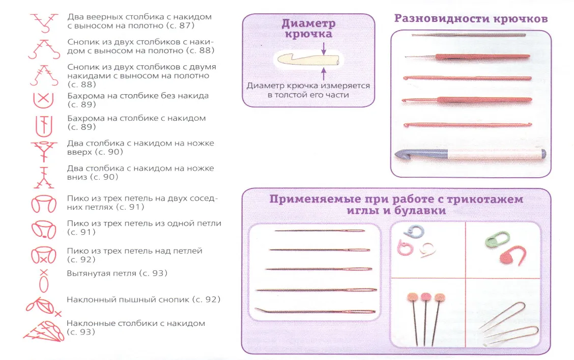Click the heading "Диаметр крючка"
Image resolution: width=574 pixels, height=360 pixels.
click(308, 29)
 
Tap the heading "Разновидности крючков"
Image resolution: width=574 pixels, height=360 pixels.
click(471, 18)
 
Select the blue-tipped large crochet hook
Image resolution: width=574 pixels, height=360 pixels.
click(470, 154)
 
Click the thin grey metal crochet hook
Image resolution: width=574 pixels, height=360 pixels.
click(469, 35)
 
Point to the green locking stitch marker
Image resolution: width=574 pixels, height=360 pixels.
click(497, 239)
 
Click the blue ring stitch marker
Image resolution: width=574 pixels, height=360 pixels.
click(415, 232)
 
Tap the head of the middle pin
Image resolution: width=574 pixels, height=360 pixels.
click(426, 296)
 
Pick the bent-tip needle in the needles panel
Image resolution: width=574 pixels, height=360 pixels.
click(315, 311)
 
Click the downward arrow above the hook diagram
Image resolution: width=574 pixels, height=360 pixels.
click(324, 49)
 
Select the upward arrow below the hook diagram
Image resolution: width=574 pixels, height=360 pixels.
click(324, 74)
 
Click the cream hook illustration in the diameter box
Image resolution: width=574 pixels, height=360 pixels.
click(308, 60)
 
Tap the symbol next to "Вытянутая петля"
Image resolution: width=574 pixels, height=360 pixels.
click(44, 281)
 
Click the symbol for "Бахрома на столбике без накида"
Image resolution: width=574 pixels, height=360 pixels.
click(44, 100)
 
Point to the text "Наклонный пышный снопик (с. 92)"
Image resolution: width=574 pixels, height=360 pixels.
click(143, 299)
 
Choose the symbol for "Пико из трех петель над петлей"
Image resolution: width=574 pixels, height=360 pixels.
click(44, 255)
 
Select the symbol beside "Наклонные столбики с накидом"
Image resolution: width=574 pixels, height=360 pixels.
click(44, 331)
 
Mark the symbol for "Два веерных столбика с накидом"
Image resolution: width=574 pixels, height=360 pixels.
click(44, 23)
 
